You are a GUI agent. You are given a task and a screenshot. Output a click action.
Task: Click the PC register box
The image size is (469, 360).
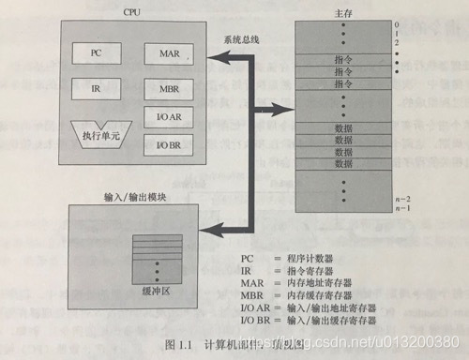point(96,53)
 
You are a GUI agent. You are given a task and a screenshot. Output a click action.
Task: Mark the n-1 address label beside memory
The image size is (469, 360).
point(402,206)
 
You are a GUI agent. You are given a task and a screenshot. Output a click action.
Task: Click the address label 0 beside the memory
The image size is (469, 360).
point(398,25)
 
